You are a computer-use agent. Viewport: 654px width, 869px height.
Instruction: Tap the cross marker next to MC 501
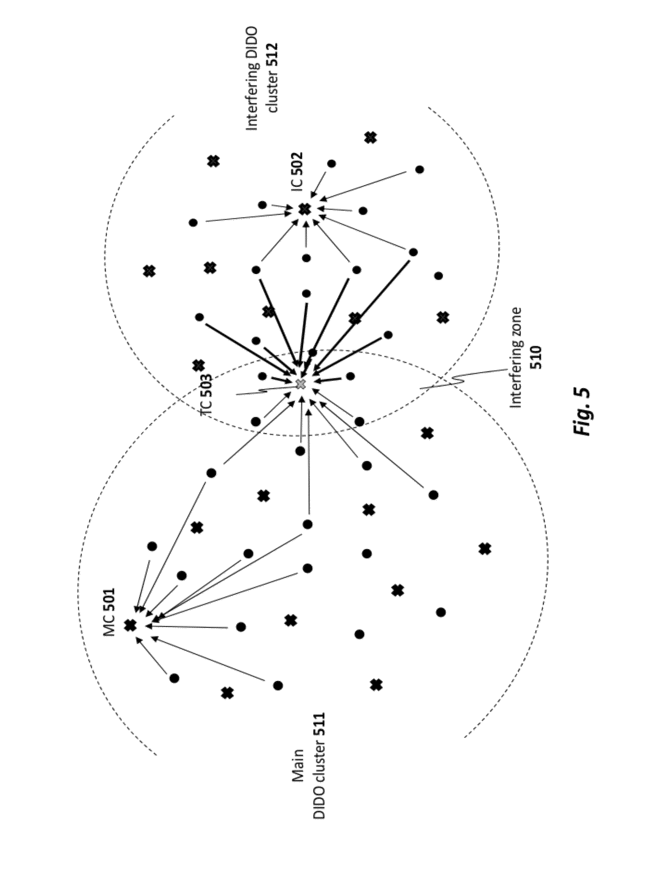[x=130, y=626]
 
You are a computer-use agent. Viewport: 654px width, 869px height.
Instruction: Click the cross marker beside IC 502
[x=304, y=209]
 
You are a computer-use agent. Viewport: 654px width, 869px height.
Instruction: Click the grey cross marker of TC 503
[x=301, y=384]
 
